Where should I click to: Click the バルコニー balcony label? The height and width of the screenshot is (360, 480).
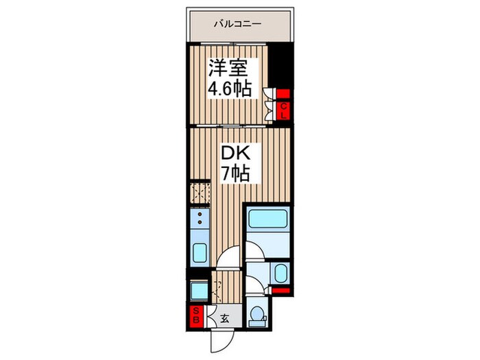(237, 23)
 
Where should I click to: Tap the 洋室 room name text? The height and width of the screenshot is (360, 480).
(228, 68)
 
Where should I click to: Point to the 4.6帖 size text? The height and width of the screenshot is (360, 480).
(230, 88)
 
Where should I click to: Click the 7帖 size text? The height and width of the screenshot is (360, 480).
(236, 173)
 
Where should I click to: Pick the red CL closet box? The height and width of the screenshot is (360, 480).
(283, 111)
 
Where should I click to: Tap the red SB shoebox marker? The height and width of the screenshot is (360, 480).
(196, 316)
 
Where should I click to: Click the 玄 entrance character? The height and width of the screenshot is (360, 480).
(224, 319)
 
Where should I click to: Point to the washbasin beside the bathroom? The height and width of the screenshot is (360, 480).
(280, 273)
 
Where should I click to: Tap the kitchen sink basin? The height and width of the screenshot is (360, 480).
(200, 252)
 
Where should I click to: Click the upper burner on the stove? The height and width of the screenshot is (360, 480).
(200, 215)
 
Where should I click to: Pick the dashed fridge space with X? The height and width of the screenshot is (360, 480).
(200, 193)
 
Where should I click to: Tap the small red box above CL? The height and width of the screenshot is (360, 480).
(283, 93)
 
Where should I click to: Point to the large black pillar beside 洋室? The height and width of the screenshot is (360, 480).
(280, 66)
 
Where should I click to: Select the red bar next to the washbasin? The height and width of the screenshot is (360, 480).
(280, 291)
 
